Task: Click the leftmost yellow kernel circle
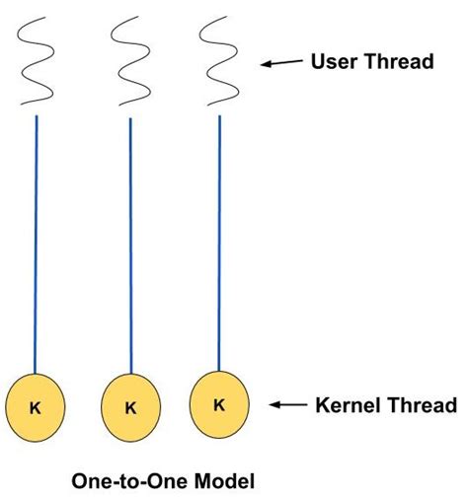click(37, 404)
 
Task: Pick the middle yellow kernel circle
click(130, 404)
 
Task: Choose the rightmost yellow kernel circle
click(218, 402)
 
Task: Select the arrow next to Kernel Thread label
click(288, 403)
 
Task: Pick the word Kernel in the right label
click(346, 403)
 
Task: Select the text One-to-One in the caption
click(125, 480)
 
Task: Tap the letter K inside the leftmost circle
click(38, 405)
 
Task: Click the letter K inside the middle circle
click(130, 405)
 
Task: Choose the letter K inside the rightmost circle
click(218, 403)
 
